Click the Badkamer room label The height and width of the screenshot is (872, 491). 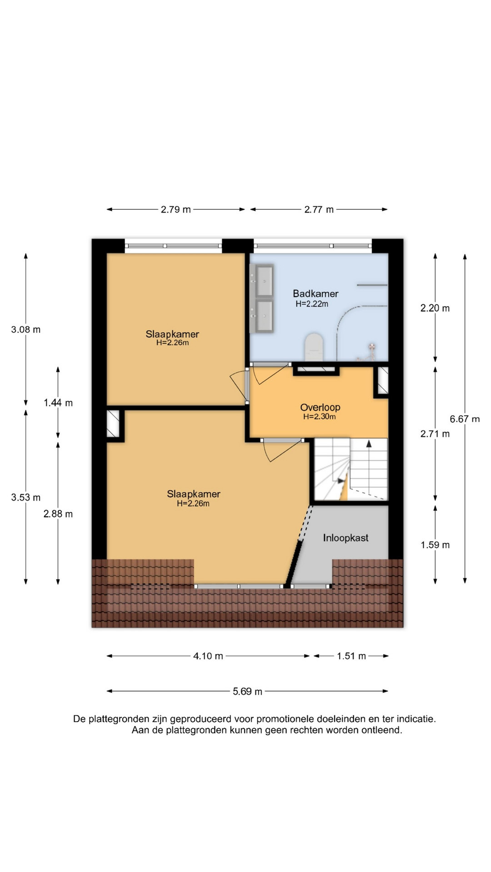pos(316,294)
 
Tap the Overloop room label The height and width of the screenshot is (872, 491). pos(320,407)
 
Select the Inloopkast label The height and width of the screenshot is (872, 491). pos(346,538)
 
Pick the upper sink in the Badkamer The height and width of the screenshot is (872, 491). pos(263,280)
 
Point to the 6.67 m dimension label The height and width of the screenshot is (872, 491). pos(465,419)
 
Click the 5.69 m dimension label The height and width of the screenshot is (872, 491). pos(247,691)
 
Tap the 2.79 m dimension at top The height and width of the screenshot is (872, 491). pos(175,209)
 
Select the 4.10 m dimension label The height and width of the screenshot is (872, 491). pos(208,656)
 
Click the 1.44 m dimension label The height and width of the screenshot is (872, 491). pos(58,403)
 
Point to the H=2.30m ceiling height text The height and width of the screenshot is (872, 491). pos(320,417)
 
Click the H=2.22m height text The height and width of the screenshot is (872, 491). pos(312,304)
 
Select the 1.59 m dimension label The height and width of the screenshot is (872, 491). pos(435,545)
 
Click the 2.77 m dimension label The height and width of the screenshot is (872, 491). pos(319,209)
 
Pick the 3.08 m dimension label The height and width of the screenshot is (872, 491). pos(26,330)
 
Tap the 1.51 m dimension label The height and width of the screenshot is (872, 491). pos(351,656)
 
